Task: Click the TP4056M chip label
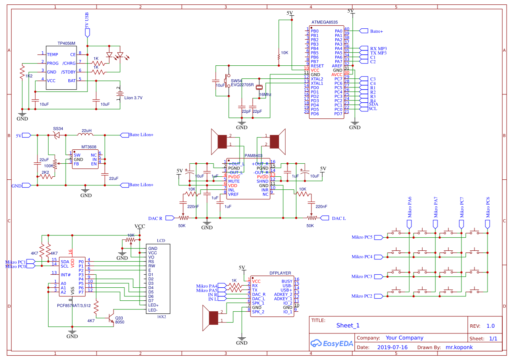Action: pos(66,44)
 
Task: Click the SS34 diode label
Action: pos(58,129)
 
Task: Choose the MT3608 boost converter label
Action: pos(89,147)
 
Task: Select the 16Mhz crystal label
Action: pos(265,94)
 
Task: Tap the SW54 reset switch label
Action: pos(237,81)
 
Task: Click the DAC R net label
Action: pos(155,218)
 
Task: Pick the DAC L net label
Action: pos(339,218)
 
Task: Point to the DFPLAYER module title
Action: pos(280,273)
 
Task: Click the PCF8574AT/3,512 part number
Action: pos(74,306)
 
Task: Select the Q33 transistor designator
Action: pos(119,318)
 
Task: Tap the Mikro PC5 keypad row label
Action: pos(362,237)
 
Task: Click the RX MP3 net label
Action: pos(378,48)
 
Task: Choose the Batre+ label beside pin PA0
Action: pos(376,31)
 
